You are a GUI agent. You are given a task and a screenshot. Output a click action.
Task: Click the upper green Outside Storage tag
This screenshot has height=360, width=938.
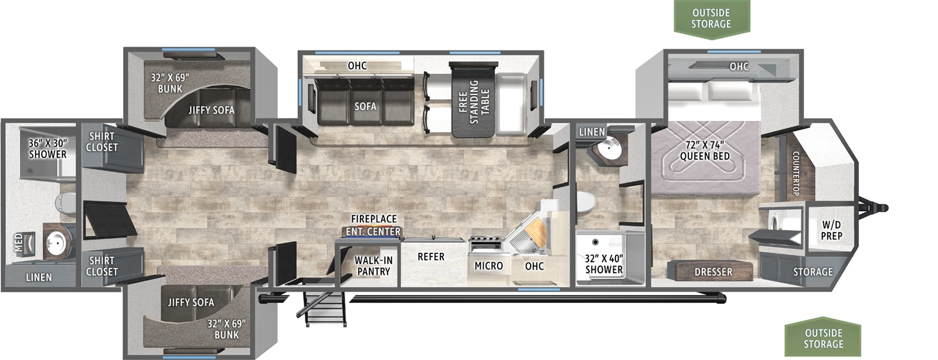coord(711,18)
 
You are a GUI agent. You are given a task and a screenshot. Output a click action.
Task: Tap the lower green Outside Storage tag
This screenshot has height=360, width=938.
coord(823,338)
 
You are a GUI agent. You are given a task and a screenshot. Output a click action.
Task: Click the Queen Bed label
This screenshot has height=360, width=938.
coord(705,151)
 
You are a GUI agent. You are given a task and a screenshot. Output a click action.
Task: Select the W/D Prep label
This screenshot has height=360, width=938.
coord(831,230)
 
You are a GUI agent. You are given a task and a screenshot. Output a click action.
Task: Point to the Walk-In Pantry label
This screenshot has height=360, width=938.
coord(373,266)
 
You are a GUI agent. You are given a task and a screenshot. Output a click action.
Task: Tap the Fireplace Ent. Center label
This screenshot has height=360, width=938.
coord(373,225)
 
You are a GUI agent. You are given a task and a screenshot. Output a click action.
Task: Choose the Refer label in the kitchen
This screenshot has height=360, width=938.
coord(431,257)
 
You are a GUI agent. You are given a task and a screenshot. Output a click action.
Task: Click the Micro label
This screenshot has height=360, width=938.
coord(488,266)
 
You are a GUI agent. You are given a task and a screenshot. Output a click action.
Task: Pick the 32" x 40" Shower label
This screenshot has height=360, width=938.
coord(604,263)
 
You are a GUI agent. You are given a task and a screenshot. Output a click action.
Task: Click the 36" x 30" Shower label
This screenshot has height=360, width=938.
coord(48,148)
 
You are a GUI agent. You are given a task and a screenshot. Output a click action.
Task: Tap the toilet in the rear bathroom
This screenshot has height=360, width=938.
coord(63,203)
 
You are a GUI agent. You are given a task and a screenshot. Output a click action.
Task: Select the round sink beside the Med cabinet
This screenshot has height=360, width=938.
coord(57,241)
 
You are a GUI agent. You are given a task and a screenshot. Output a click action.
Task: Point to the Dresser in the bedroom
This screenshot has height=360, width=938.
coord(713,271)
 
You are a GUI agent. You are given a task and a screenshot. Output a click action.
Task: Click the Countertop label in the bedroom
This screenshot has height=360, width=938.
coord(796,174)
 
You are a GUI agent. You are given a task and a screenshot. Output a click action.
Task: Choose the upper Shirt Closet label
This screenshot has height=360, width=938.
coord(102,141)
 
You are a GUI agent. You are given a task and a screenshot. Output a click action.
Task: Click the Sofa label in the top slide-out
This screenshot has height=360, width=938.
coord(365,106)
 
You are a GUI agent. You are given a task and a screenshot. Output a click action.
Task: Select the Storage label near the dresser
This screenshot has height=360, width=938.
coord(813,271)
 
